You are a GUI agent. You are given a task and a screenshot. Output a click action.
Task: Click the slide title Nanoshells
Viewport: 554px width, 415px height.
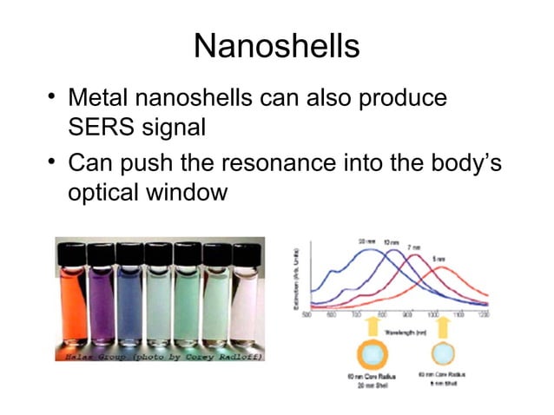click(276, 45)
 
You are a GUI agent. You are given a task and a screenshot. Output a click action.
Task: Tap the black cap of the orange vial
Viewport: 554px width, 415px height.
click(72, 253)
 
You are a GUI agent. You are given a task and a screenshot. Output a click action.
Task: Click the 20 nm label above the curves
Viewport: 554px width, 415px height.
click(366, 240)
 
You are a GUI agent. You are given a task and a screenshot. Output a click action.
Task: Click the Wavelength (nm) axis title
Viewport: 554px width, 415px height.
click(404, 332)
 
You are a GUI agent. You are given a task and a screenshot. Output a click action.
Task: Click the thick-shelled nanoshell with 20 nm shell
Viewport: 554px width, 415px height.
click(364, 356)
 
